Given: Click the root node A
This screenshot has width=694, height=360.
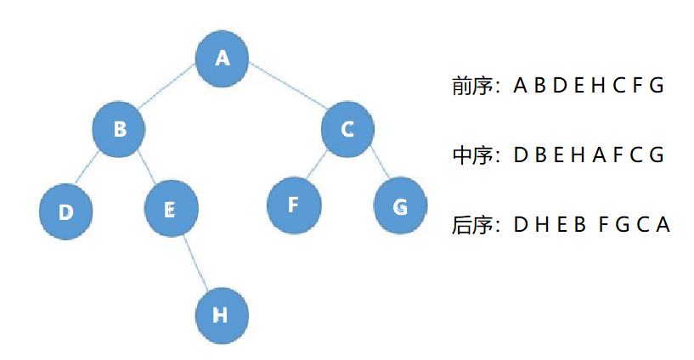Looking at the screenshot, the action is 223,58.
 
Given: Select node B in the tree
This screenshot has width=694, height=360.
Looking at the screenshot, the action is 120,129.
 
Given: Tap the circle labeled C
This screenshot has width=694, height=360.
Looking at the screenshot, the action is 347,129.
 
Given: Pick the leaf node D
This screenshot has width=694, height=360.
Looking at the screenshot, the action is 66,211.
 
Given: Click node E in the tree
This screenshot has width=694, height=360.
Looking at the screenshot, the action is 170,210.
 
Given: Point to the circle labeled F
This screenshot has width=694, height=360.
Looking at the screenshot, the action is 294,205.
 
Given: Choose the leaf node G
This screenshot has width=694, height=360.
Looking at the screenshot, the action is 400,206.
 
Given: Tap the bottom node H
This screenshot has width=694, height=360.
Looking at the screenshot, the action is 221,315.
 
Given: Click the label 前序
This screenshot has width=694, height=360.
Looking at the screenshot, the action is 473,86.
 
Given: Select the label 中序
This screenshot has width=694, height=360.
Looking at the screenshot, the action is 473,156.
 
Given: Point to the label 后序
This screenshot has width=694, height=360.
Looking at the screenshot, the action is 473,226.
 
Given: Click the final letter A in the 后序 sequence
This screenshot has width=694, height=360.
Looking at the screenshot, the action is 663,226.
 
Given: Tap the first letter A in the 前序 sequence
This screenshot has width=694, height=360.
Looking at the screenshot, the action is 521,86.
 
